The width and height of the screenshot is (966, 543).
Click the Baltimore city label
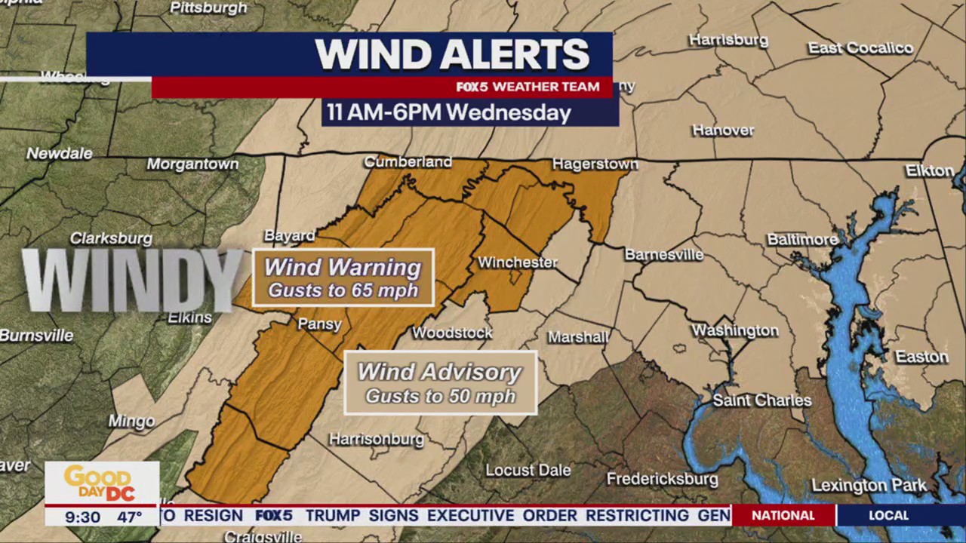802,240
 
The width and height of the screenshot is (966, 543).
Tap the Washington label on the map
734,330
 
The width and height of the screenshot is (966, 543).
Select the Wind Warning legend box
343,278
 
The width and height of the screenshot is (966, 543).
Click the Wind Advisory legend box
440,382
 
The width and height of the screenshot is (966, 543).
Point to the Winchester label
518,262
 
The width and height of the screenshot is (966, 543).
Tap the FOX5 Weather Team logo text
528,87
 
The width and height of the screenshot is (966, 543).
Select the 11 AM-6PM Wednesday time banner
448,113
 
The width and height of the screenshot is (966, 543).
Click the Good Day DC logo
101,483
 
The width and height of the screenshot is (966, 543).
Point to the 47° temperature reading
129,517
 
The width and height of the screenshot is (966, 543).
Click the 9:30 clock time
82,517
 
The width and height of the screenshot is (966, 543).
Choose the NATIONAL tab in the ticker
783,516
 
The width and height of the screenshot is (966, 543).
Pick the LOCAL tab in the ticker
888,516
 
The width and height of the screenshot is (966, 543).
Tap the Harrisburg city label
728,40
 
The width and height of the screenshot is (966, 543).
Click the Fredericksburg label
662,479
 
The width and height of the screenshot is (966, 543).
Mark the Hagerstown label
595,164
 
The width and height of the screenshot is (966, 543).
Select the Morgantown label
192,164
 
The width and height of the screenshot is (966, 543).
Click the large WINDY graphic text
132,279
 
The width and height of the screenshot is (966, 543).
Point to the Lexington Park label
869,486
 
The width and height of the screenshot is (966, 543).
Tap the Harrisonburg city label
377,439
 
